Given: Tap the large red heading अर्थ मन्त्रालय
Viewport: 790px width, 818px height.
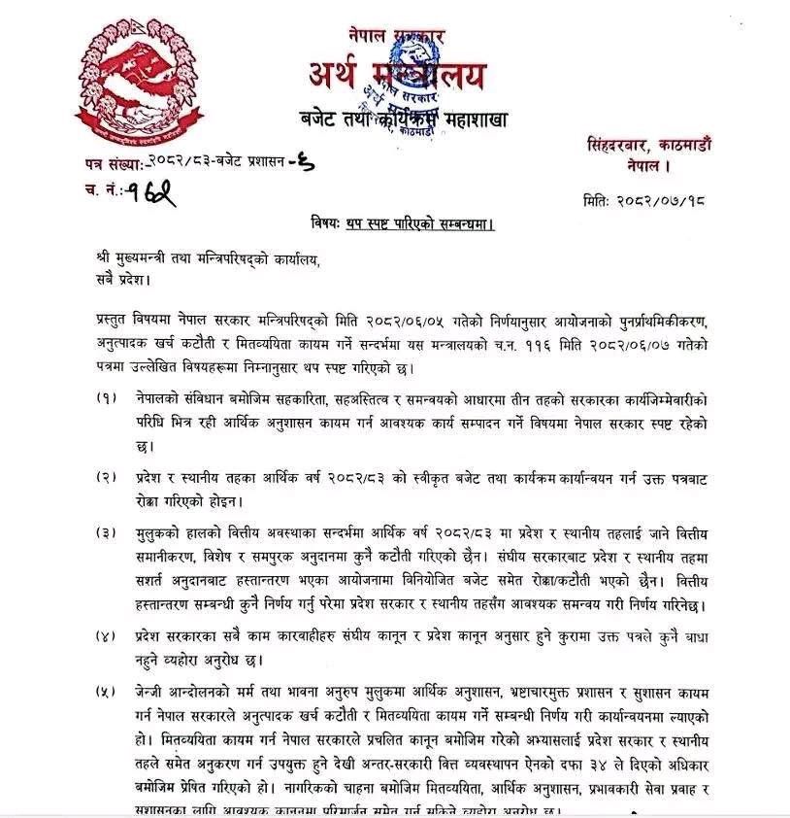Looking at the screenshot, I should coord(398,75).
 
